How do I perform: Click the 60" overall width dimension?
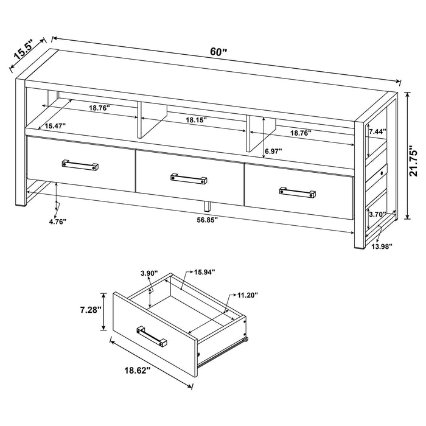[x=218, y=52]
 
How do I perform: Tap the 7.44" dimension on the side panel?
[x=375, y=131]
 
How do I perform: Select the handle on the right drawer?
[x=298, y=192]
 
